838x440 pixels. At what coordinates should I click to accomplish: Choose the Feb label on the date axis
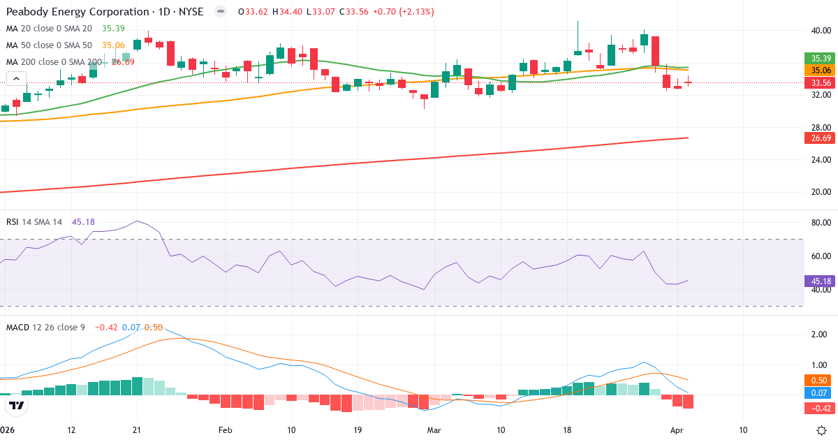(x=225, y=430)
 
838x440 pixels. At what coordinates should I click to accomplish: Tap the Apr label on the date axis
(x=676, y=430)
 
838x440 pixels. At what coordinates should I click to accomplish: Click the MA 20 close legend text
(x=49, y=29)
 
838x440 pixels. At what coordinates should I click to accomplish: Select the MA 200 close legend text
(x=52, y=62)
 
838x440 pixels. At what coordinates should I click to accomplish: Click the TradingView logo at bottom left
(x=17, y=405)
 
